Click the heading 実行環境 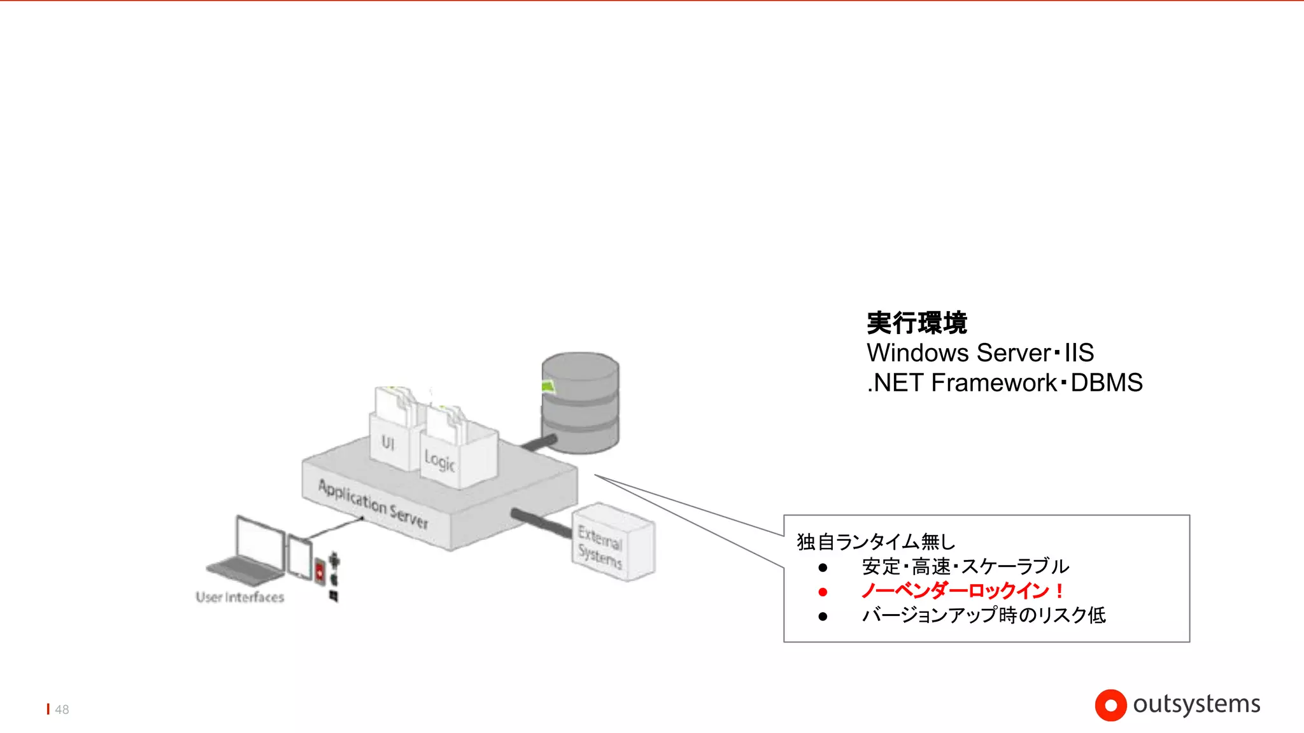[917, 323]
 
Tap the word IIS [1079, 353]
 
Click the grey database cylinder [580, 403]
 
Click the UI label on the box [388, 442]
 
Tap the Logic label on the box [439, 460]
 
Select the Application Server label [373, 503]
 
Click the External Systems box [612, 542]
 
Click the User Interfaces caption [240, 597]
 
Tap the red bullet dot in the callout [823, 592]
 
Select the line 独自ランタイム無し [876, 541]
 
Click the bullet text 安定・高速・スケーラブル [965, 566]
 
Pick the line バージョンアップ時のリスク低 [984, 615]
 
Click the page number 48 [62, 709]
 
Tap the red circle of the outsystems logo [1110, 705]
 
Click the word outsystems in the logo [1196, 704]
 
